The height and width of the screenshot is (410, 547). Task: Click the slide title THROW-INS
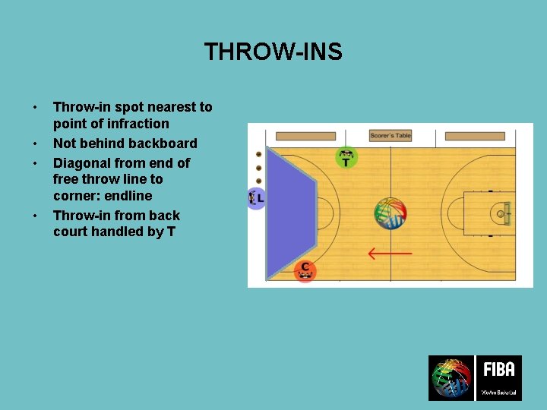coord(273,52)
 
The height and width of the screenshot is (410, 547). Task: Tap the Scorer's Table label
coord(390,136)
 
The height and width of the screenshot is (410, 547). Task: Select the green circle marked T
coord(346,158)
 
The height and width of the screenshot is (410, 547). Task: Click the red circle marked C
coord(305,270)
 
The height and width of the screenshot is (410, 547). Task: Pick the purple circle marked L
coord(257,198)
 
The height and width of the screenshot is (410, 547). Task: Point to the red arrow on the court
coord(390,253)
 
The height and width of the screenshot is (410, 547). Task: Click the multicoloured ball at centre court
coord(390,213)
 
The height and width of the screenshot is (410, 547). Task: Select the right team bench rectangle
coord(474,137)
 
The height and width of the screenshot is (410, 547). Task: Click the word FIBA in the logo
coord(499,370)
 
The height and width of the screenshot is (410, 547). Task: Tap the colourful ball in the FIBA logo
coord(451,378)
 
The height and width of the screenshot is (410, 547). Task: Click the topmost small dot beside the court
coord(258,154)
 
